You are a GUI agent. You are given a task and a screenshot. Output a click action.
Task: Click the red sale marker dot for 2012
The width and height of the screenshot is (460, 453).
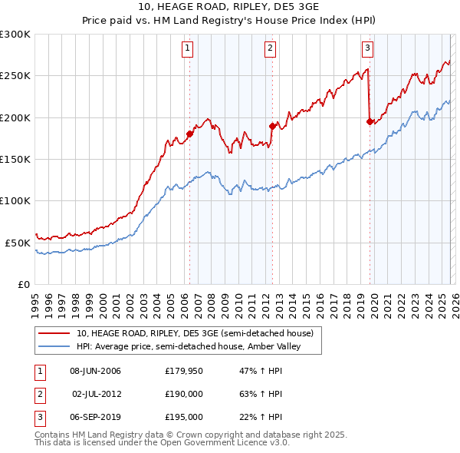271,126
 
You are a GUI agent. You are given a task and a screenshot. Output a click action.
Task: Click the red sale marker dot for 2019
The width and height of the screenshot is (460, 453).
370,121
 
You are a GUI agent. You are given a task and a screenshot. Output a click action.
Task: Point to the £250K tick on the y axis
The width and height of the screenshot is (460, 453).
15,76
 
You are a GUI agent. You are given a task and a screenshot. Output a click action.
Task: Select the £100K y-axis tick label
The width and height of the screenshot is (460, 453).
15,200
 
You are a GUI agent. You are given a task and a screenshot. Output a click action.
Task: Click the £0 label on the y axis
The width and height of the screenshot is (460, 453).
23,284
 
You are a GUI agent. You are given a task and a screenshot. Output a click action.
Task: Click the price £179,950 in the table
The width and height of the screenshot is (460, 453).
183,372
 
